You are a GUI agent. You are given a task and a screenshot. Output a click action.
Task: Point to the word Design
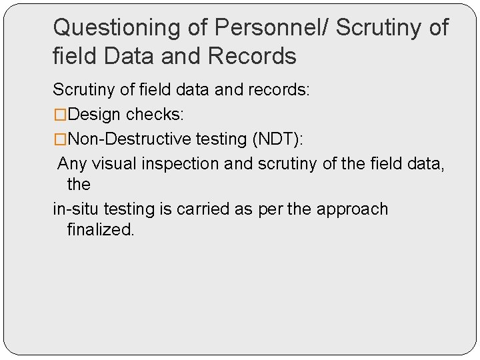coord(95,115)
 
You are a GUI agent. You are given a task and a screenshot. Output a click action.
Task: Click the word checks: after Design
coord(155,115)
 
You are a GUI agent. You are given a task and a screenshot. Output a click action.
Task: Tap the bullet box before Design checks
coord(60,115)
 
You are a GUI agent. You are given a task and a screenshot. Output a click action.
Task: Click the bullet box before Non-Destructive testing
coord(60,139)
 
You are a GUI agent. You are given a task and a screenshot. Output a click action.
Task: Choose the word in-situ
coord(75,209)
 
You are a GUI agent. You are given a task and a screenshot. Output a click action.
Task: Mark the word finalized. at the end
coord(101,231)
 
